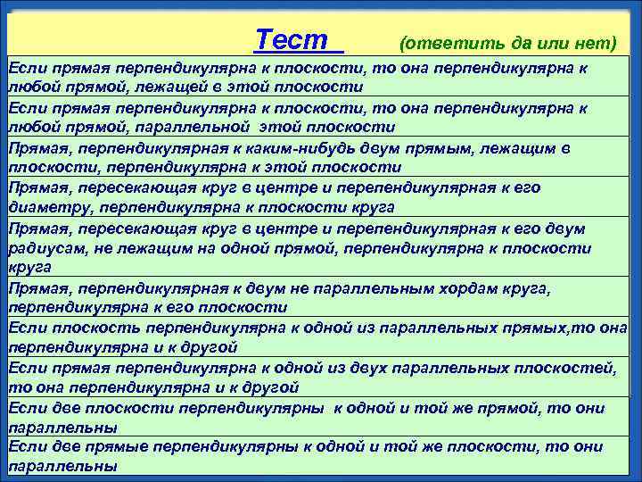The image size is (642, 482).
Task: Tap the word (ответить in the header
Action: point(438,43)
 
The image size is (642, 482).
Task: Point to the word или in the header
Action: point(548,43)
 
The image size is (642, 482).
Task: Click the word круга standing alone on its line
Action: point(29,267)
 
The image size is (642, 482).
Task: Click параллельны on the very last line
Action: point(62,466)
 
